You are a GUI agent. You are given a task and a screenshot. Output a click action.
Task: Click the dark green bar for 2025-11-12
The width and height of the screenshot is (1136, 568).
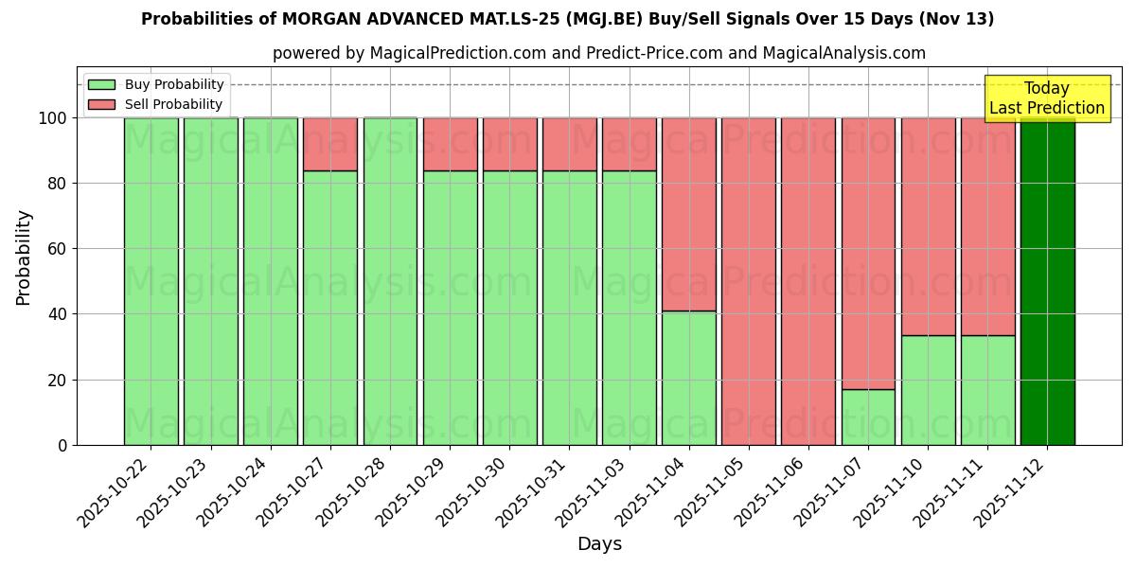pyautogui.click(x=1047, y=281)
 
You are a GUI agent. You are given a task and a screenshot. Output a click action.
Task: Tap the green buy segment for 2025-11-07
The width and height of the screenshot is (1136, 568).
pyautogui.click(x=868, y=417)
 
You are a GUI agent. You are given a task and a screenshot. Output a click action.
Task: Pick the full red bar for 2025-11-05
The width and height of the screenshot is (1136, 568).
pyautogui.click(x=749, y=281)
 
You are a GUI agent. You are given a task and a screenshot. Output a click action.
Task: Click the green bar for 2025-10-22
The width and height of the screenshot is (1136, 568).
pyautogui.click(x=151, y=281)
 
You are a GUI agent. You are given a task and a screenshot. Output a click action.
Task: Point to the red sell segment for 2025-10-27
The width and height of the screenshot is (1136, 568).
pyautogui.click(x=330, y=144)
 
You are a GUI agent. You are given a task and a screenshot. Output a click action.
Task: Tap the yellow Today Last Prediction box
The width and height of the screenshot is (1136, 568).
pyautogui.click(x=1046, y=99)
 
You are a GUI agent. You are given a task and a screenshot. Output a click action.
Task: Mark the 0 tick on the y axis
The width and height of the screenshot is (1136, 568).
pyautogui.click(x=62, y=445)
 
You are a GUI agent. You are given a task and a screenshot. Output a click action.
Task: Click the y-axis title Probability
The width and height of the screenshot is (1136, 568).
pyautogui.click(x=24, y=257)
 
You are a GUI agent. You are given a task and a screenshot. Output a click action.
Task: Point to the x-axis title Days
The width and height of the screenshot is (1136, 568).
pyautogui.click(x=599, y=544)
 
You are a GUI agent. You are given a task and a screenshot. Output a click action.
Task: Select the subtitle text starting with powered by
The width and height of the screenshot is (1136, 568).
pyautogui.click(x=599, y=53)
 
